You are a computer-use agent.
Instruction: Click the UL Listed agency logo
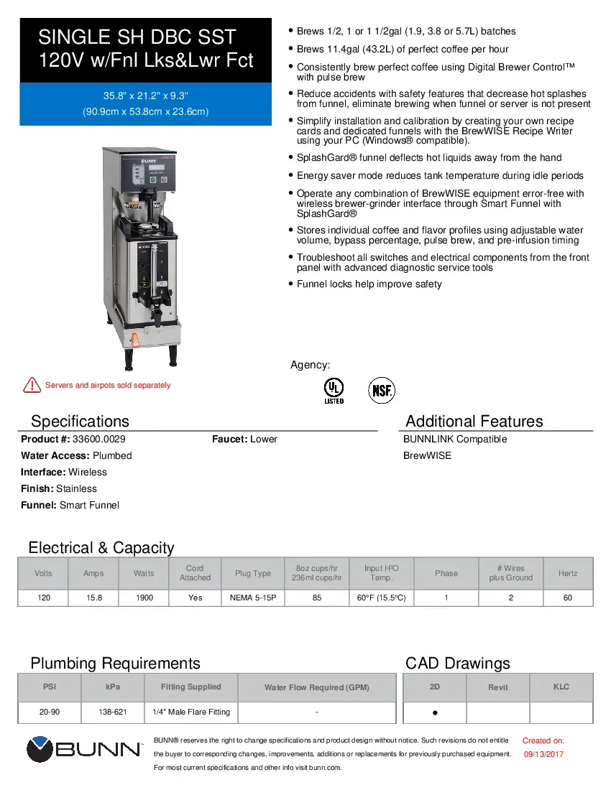point(334,390)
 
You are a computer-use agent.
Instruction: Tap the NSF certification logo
point(382,390)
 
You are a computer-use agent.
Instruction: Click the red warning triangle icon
point(32,385)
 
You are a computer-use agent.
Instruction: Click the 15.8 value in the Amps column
point(93,598)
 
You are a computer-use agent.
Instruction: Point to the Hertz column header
point(567,573)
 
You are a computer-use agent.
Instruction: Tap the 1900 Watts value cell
point(143,598)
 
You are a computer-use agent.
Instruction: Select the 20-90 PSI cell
point(50,712)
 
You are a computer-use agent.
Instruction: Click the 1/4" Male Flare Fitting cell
point(191,712)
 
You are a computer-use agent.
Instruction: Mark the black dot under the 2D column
point(435,713)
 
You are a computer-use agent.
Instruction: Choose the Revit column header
point(497,687)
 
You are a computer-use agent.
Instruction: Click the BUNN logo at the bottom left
point(84,749)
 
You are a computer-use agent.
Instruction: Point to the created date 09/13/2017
point(543,754)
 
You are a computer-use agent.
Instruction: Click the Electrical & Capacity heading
point(101,548)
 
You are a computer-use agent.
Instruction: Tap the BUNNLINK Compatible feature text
point(455,439)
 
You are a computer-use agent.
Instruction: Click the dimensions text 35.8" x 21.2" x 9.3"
point(145,96)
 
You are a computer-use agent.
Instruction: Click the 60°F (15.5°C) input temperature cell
point(381,598)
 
